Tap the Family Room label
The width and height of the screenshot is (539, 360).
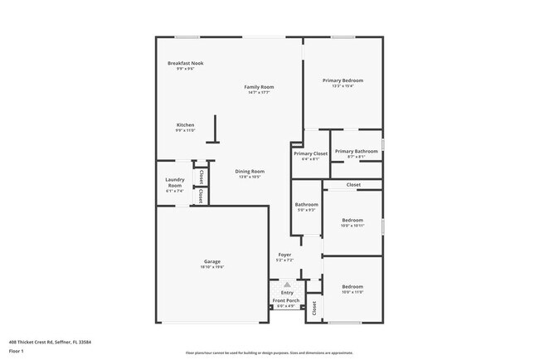[x=259, y=86]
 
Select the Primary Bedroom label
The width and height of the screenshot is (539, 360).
[x=342, y=80]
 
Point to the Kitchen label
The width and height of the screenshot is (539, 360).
[x=184, y=125]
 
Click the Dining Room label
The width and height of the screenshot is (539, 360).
[x=250, y=172]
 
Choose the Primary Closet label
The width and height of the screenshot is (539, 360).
[x=310, y=153]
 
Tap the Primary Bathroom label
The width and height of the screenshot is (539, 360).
[x=357, y=151]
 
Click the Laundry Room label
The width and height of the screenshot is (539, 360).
[x=174, y=182]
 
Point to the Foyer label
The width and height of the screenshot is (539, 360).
[x=284, y=255]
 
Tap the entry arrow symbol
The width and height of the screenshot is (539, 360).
[x=287, y=284]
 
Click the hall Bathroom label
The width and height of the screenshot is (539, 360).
[x=307, y=204]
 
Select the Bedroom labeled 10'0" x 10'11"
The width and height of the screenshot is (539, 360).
[x=352, y=220]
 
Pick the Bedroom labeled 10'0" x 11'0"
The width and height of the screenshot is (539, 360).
[x=352, y=286]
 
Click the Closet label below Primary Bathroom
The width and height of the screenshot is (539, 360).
[x=353, y=184]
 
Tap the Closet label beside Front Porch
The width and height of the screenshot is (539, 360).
[x=314, y=309]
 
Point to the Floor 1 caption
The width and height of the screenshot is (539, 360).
[x=17, y=351]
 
